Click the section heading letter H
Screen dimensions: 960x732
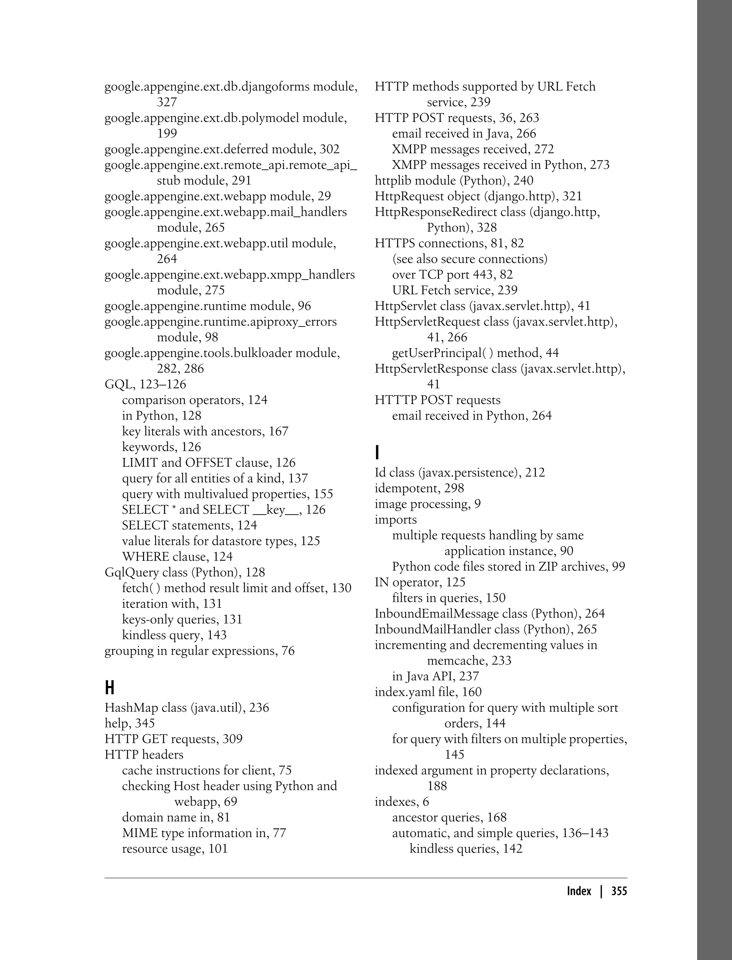110,688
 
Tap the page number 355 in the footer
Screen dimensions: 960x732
619,891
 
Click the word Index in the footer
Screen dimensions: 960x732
579,891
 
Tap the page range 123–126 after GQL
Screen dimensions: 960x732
163,384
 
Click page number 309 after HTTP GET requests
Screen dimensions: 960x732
233,739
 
